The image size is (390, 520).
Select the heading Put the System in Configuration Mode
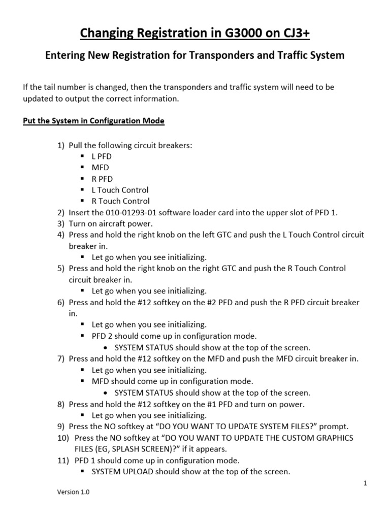click(93, 121)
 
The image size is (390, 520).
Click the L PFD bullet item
click(102, 156)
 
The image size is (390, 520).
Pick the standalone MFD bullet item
click(100, 168)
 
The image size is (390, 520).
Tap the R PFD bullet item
click(102, 179)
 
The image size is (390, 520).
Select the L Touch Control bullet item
click(120, 190)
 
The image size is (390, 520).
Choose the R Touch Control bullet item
click(120, 201)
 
